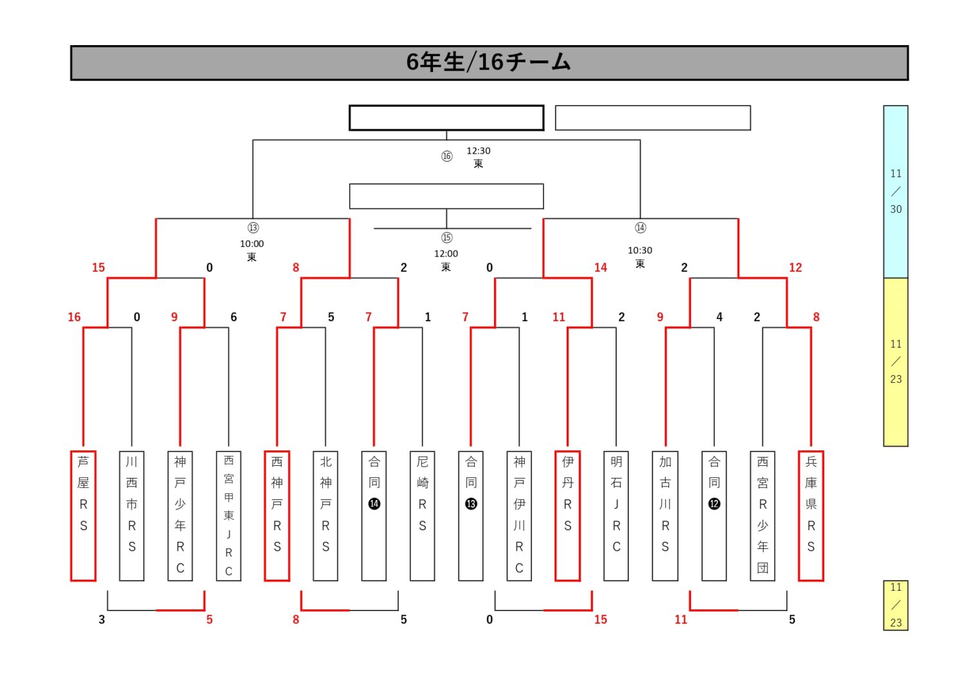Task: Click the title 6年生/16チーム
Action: click(489, 62)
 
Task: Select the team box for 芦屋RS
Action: click(83, 515)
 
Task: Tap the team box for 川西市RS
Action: click(132, 515)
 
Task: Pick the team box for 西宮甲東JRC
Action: click(228, 515)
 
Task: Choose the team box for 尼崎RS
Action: click(423, 515)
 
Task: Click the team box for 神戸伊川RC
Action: click(519, 515)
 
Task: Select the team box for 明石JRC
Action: click(616, 515)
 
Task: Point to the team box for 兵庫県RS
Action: click(811, 515)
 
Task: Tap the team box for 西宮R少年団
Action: click(762, 515)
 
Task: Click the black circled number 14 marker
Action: click(374, 504)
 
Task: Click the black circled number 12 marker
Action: click(714, 504)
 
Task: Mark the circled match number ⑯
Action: click(446, 156)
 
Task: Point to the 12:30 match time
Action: click(478, 151)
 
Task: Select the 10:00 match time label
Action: click(252, 244)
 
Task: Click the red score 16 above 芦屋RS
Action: click(74, 317)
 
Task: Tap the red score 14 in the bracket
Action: click(600, 268)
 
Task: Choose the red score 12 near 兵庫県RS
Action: click(795, 268)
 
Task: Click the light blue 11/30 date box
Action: click(896, 192)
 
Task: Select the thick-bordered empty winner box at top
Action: click(446, 118)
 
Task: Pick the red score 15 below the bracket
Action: click(600, 620)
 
